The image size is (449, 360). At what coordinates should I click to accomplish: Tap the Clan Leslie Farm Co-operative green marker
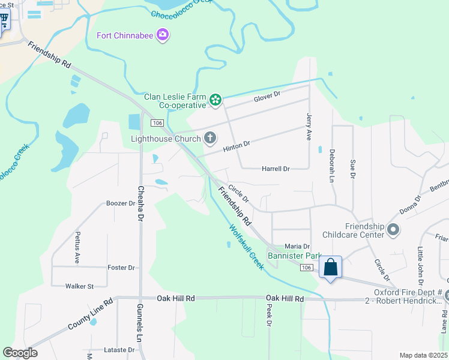coord(215,101)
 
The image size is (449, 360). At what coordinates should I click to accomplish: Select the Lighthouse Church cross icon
coord(209,139)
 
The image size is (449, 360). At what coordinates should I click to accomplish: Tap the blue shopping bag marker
coord(330,267)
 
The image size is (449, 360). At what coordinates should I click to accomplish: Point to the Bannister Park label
coord(295,256)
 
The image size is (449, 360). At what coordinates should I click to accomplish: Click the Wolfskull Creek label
coord(246,246)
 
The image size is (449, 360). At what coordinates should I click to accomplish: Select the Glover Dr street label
coord(267,96)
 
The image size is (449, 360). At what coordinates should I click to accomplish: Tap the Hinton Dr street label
coord(236,145)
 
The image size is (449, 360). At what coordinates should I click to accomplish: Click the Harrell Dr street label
coord(276,169)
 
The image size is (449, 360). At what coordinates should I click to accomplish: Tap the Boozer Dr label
coord(121,203)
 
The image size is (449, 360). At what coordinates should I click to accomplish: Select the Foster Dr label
coord(121,268)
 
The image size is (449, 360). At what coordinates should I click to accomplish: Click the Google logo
coord(20,353)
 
